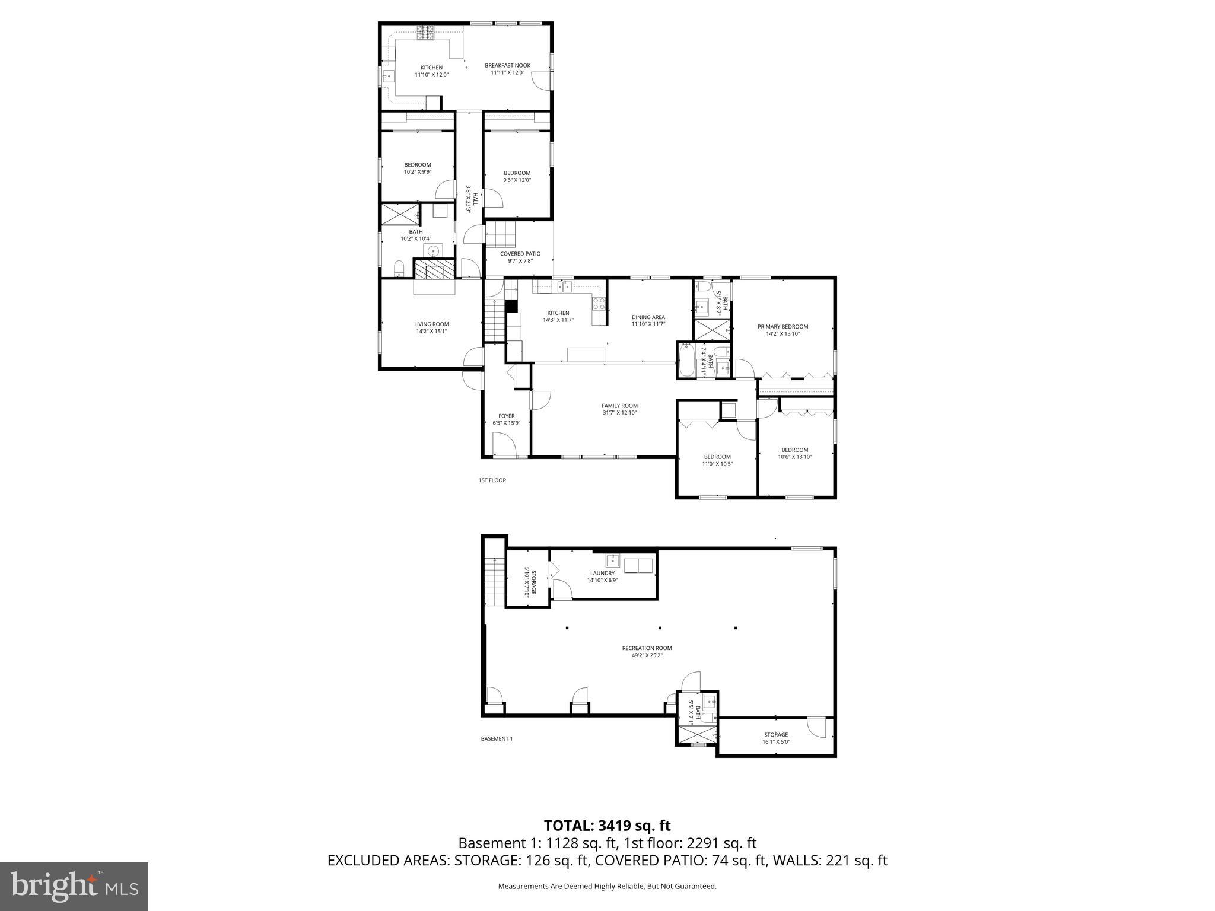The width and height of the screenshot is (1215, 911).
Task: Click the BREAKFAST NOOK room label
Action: [507, 66]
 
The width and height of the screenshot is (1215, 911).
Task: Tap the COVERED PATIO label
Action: [520, 254]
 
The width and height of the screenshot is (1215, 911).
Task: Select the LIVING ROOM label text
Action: [431, 324]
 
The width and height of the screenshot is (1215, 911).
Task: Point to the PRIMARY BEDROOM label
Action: [783, 327]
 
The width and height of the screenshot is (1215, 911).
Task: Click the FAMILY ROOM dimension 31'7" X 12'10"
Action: [619, 413]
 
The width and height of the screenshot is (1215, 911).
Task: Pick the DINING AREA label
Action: [648, 317]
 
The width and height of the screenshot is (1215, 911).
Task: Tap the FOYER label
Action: [506, 416]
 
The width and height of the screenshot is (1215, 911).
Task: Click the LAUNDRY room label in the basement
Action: [602, 574]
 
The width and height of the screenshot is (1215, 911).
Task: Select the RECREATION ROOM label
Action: [647, 648]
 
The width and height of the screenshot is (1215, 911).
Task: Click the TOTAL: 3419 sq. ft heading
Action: [607, 826]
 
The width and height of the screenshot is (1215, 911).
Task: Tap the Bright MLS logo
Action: [74, 886]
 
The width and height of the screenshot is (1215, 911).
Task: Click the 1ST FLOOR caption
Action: [492, 480]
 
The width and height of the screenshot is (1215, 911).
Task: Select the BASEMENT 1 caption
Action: [496, 739]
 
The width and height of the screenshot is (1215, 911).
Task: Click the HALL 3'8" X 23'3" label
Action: [471, 199]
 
